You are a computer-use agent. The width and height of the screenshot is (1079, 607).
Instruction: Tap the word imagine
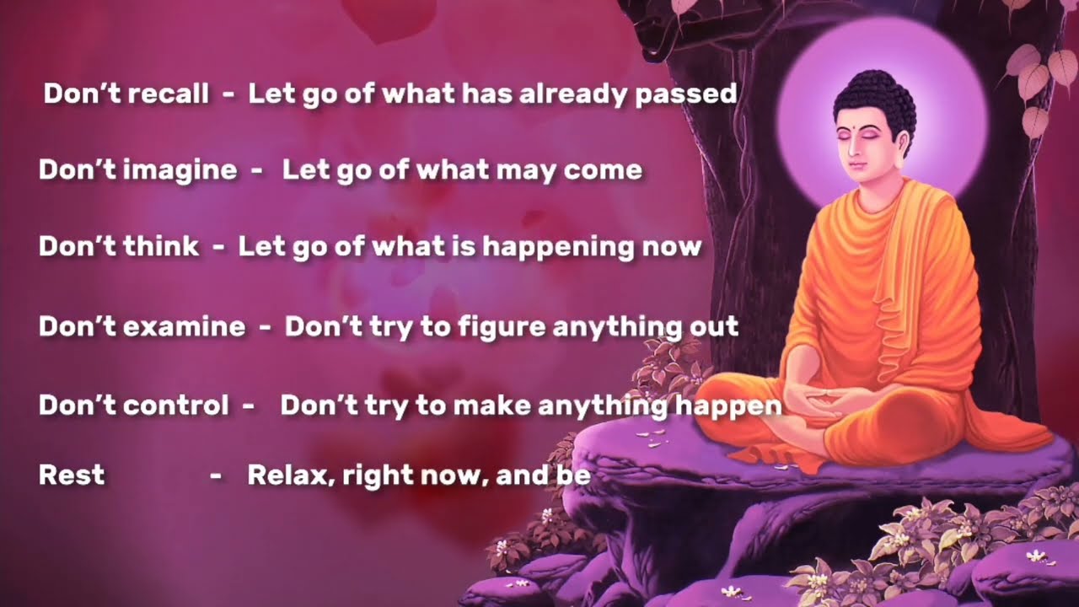pyautogui.click(x=180, y=170)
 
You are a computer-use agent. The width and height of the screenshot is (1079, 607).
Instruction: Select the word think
pyautogui.click(x=161, y=246)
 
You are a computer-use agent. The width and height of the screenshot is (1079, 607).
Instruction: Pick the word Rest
pyautogui.click(x=72, y=475)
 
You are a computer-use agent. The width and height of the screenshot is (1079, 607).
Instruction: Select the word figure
pyautogui.click(x=502, y=326)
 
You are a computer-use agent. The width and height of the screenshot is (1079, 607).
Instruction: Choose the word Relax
pyautogui.click(x=282, y=475)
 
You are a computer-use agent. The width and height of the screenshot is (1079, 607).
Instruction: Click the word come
pyautogui.click(x=603, y=170)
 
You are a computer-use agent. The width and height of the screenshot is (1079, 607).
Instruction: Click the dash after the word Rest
pyautogui.click(x=216, y=475)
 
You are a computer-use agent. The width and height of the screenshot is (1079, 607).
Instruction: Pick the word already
pyautogui.click(x=572, y=93)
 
